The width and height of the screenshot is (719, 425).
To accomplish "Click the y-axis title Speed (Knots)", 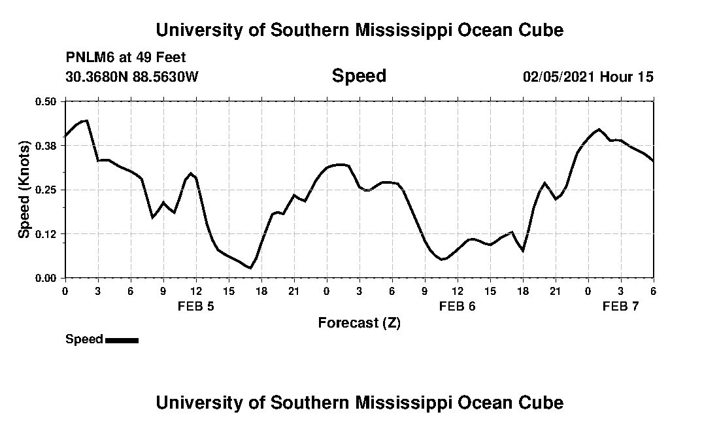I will [24, 190].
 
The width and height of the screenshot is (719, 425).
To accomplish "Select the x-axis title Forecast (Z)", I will [359, 322].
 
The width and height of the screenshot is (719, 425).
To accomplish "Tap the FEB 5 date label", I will [196, 306].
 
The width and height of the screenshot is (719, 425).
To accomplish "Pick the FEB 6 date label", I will [458, 306].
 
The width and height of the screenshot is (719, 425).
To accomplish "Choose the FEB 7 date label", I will [620, 306].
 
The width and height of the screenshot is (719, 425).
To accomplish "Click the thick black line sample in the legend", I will [122, 340].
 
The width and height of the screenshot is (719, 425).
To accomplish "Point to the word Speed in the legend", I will [84, 339].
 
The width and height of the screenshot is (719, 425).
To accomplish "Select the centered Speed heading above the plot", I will [359, 76].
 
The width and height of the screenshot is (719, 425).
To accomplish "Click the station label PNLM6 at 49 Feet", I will [125, 58].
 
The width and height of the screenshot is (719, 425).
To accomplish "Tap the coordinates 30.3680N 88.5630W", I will [131, 76].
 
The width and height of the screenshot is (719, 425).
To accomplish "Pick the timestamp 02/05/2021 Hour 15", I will [588, 76].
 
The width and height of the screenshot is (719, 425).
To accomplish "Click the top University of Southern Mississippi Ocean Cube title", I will [359, 30].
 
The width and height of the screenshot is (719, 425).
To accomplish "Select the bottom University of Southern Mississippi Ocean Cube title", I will [359, 402].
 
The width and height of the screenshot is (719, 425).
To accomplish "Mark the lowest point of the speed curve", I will [250, 268].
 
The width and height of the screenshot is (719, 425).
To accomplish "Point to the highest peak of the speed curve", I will [86, 120].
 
